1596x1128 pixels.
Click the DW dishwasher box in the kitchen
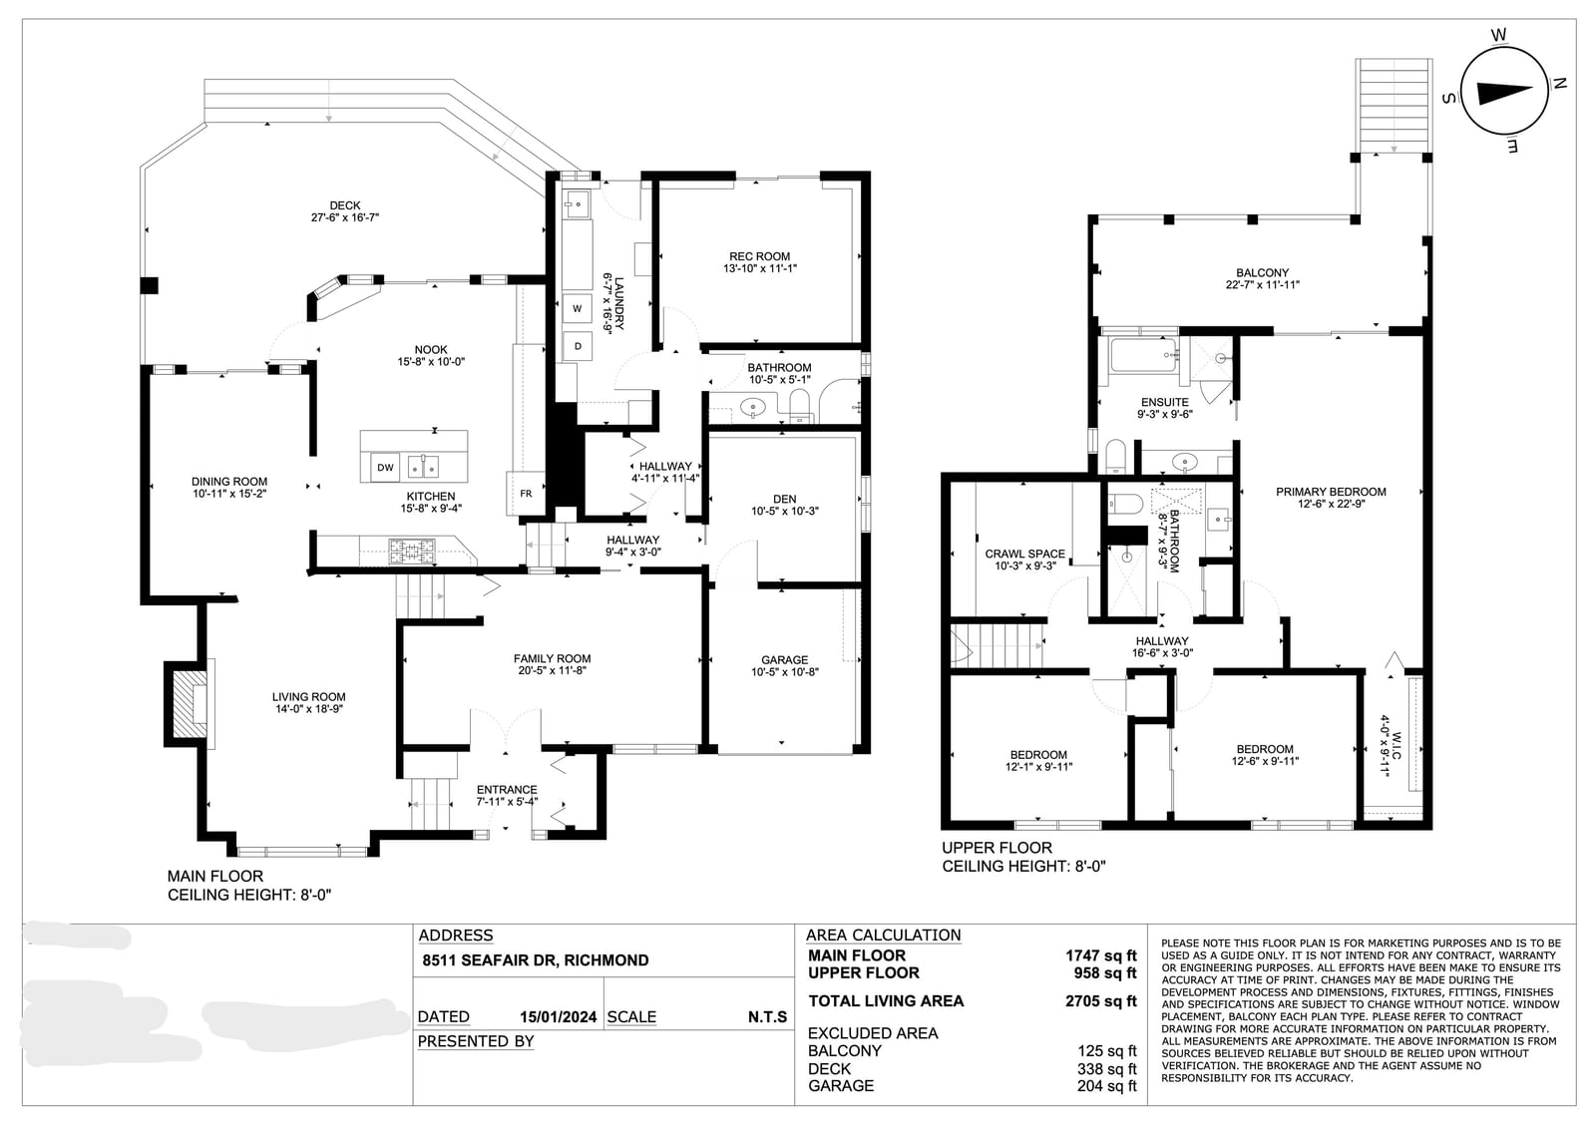click(x=385, y=468)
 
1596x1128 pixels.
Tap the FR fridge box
click(x=526, y=493)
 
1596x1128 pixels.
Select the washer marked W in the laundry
click(x=578, y=308)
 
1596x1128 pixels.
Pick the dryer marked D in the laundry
click(x=578, y=346)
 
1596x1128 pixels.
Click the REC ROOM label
click(x=759, y=256)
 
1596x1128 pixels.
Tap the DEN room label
click(x=784, y=499)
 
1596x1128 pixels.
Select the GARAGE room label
click(x=784, y=660)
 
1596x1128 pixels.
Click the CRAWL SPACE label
click(x=1024, y=554)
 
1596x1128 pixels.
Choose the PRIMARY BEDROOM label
click(x=1331, y=492)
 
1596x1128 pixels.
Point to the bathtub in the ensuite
click(x=1143, y=355)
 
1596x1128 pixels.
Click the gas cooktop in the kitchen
click(x=411, y=551)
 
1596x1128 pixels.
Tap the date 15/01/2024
click(x=558, y=1017)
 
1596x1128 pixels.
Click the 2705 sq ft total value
click(x=1101, y=1001)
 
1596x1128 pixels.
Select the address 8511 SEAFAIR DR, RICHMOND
click(x=535, y=960)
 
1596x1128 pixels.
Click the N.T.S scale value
click(x=767, y=1017)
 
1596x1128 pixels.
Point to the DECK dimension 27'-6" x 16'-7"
click(x=345, y=217)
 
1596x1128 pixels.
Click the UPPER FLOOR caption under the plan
click(x=997, y=848)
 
